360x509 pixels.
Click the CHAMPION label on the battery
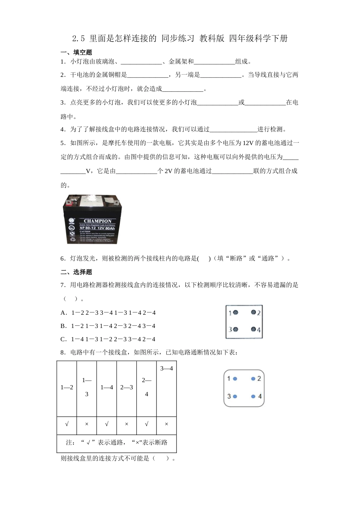tap(97, 221)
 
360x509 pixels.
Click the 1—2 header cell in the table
tap(67, 387)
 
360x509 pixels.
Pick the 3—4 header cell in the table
tap(166, 368)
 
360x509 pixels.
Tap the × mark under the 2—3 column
tap(127, 424)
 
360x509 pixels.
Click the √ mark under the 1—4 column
tap(106, 424)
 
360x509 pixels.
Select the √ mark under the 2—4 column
tap(147, 424)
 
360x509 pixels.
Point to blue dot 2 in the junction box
tap(253, 378)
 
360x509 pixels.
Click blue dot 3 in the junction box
tap(235, 396)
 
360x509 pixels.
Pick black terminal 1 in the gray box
tap(235, 313)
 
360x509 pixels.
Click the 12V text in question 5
tap(247, 143)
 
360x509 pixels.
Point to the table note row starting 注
tap(117, 442)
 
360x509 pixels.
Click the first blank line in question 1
tap(141, 62)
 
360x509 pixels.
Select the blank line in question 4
tap(233, 129)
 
